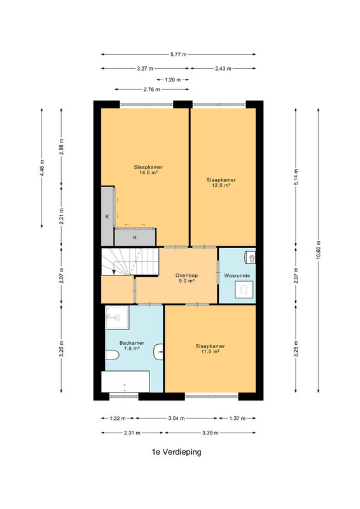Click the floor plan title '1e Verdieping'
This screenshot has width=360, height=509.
[x=176, y=452]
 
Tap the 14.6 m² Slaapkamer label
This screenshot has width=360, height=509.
[x=148, y=170]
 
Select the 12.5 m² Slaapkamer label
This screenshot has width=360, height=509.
[x=221, y=183]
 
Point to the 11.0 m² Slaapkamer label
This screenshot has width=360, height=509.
[x=210, y=349]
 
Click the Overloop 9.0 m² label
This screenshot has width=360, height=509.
[x=186, y=278]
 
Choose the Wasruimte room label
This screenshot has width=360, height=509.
[x=237, y=275]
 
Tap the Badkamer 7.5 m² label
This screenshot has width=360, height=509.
[x=132, y=345]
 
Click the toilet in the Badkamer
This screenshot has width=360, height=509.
[x=112, y=355]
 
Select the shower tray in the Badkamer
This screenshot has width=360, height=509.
[x=117, y=317]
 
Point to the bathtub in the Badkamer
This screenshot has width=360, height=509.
[x=125, y=382]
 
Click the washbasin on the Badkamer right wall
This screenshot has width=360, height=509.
[x=158, y=352]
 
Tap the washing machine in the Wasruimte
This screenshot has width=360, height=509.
[x=244, y=289]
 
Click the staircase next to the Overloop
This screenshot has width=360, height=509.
[x=130, y=261]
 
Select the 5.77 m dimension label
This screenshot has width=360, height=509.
[x=179, y=55]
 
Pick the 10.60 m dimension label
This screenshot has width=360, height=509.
[x=318, y=250]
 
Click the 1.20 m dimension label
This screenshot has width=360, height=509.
[x=173, y=80]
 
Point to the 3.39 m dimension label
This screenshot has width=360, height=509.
[x=211, y=433]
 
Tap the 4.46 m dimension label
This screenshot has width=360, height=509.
[x=42, y=168]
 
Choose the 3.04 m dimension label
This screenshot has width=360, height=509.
[x=176, y=419]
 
